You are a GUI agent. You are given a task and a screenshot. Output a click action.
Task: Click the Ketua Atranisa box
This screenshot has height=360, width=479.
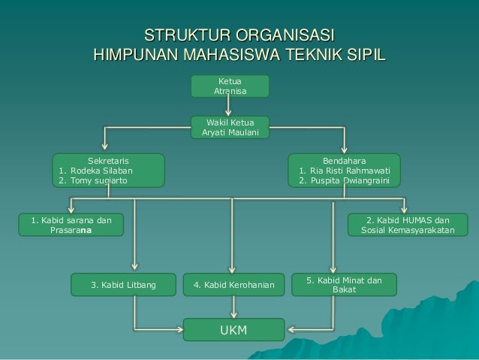pos(230,86)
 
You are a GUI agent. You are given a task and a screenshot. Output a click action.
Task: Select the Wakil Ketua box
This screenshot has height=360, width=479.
pos(230,127)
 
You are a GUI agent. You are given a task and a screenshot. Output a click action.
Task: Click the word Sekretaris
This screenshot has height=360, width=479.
pos(108,160)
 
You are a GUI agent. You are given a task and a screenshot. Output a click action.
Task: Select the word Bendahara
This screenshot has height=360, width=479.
pos(345,160)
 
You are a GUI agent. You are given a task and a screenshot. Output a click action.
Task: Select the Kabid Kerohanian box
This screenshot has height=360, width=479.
pos(234,285)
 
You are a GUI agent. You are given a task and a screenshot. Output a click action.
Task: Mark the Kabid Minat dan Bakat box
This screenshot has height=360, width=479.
pos(344,284)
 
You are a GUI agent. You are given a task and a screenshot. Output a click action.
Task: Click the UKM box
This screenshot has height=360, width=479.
pos(234,330)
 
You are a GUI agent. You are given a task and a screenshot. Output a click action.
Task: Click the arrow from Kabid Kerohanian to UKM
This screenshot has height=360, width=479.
pos(234,307)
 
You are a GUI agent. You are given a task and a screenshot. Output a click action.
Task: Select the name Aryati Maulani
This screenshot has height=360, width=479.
pos(230,132)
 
